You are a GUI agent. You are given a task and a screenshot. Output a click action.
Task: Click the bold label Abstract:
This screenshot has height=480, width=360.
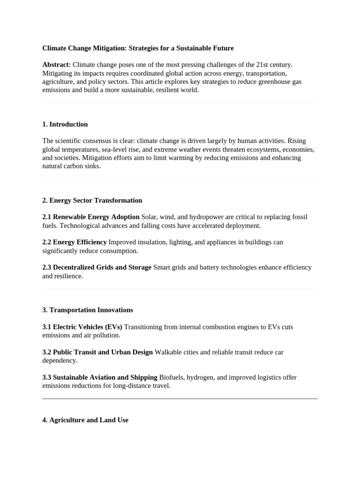[x=56, y=65]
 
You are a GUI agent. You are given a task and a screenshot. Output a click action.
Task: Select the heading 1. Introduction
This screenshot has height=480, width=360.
[x=65, y=124]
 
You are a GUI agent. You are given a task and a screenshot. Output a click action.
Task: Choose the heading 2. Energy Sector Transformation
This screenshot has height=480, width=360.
[x=92, y=200]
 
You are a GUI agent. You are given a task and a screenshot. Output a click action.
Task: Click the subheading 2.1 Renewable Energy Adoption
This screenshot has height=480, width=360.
[x=91, y=217]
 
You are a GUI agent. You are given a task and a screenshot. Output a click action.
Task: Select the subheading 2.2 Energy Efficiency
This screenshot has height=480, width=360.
[x=75, y=242]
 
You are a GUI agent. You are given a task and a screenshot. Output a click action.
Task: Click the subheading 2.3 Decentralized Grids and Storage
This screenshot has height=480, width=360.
[x=97, y=267]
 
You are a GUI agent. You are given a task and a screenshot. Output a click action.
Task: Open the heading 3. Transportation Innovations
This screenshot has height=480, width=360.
[x=87, y=310]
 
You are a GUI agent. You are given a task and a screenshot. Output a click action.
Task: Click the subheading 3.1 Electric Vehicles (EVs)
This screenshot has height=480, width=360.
[x=82, y=327]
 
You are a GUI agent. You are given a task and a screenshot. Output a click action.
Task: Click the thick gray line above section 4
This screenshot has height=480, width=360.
[x=180, y=398]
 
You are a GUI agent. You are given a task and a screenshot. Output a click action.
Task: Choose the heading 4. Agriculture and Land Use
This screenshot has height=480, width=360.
[x=85, y=420]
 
